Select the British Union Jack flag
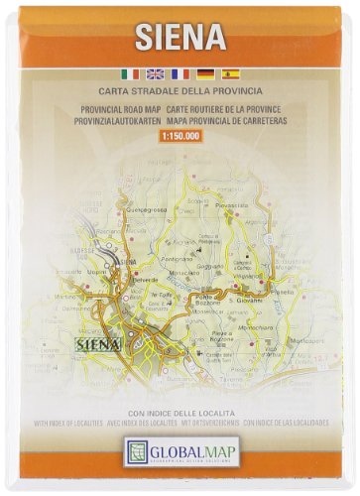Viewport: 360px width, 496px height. click(x=155, y=72)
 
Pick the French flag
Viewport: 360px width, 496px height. click(x=180, y=72)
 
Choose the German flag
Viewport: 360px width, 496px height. click(x=206, y=72)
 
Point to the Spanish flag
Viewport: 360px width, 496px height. click(x=231, y=72)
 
